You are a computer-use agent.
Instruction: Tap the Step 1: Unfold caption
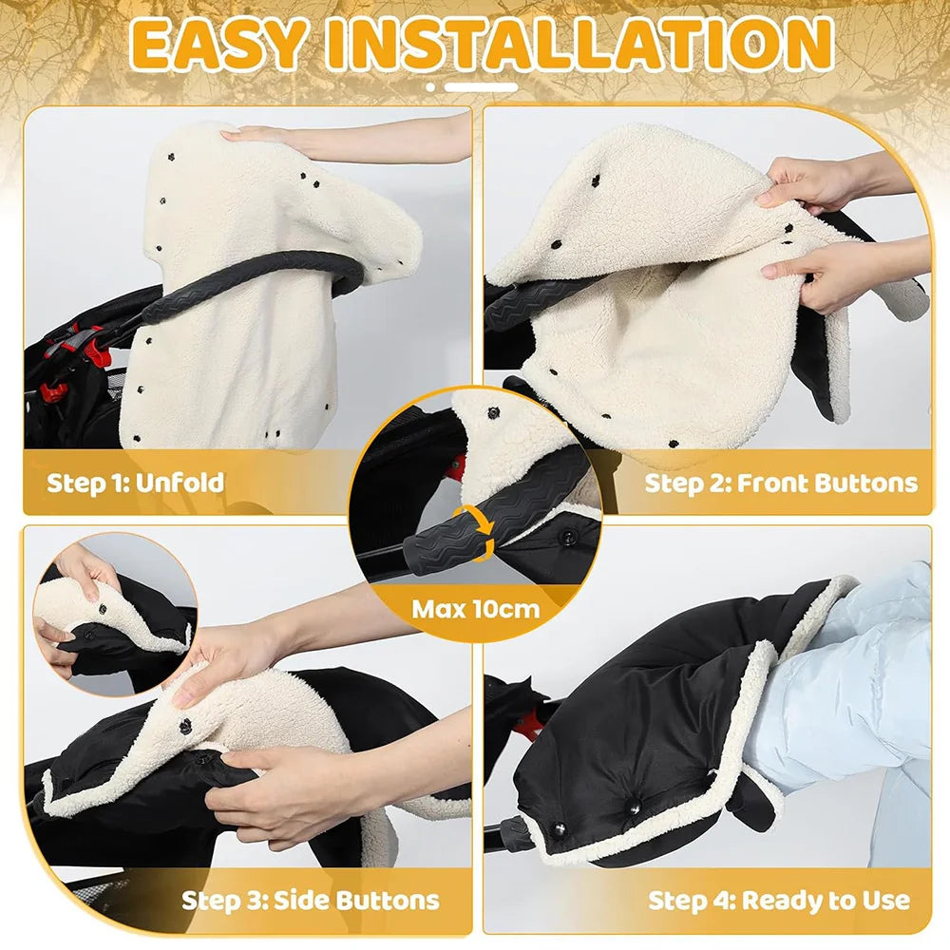[x=136, y=482]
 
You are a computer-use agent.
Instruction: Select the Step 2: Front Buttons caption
[x=781, y=482]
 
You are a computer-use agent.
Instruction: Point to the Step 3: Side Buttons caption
[x=311, y=899]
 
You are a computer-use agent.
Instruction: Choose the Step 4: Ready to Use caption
[x=779, y=899]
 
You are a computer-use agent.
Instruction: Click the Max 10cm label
[x=475, y=608]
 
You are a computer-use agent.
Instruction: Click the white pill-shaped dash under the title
[x=482, y=87]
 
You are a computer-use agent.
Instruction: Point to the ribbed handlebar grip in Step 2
[x=527, y=304]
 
